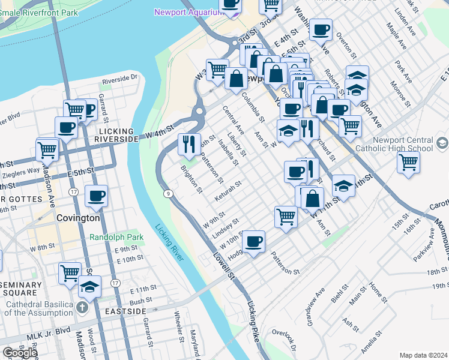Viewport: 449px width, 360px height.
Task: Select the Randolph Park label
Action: point(116,237)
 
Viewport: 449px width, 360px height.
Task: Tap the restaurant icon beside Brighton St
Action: point(189,144)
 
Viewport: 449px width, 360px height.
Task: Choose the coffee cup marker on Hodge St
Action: point(254,242)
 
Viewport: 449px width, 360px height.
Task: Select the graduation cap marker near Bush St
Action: point(90,286)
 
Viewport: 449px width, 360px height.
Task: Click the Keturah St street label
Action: point(228,190)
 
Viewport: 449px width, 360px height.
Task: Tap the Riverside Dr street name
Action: point(119,79)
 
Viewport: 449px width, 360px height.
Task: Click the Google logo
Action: point(20,353)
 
